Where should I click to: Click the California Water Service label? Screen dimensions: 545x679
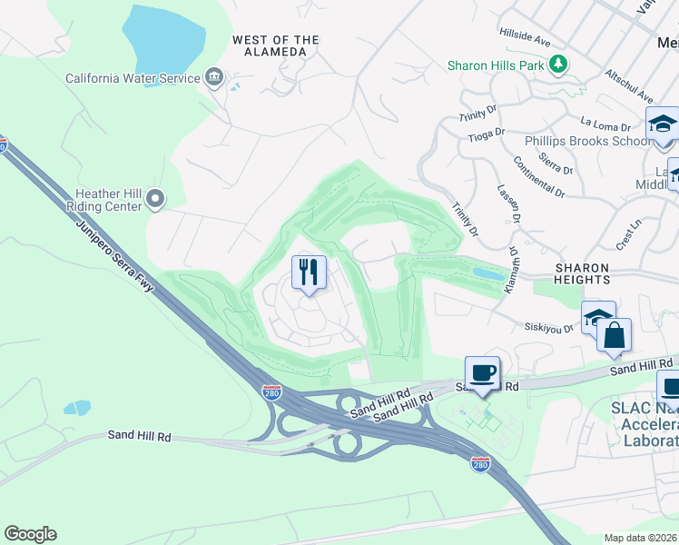pos(133,78)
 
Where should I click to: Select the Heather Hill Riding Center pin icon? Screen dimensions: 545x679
pos(156,197)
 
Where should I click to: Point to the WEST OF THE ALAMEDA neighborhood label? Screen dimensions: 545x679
pos(276,45)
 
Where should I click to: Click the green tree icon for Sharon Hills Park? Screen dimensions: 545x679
pos(560,64)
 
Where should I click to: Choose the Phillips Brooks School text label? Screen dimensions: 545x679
pos(587,141)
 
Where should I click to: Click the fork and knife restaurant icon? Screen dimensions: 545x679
pos(309,271)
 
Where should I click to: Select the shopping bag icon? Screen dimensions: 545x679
pos(615,333)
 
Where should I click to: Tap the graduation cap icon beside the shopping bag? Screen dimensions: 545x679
pos(596,317)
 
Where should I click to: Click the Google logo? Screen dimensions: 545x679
pos(30,534)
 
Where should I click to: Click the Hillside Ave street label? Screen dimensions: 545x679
pos(526,37)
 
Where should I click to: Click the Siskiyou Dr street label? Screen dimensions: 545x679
pos(549,327)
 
